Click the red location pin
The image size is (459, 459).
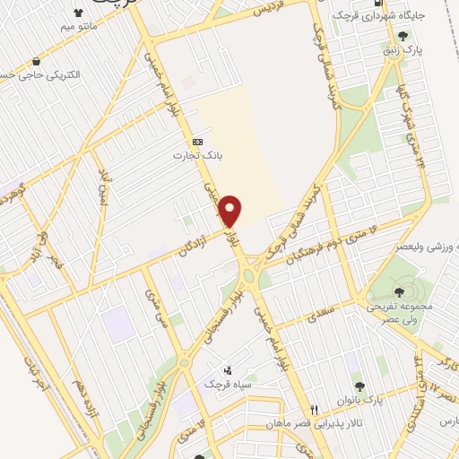coord(232,211)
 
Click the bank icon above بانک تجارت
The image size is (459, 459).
coord(197,142)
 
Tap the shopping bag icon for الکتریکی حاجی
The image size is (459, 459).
coord(35,62)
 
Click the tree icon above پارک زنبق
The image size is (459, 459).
coord(403,36)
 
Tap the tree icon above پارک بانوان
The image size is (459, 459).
coord(359,385)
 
